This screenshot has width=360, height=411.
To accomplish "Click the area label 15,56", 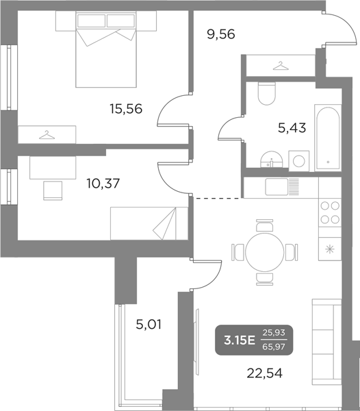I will (x=126, y=108).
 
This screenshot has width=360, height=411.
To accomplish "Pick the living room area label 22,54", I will (x=263, y=373).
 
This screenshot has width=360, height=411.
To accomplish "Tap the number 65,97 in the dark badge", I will (x=277, y=347).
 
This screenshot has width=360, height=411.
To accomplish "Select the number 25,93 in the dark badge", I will (x=277, y=334).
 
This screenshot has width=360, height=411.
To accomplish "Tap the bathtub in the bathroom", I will (x=328, y=139).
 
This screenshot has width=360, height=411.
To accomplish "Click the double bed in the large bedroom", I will (x=105, y=51).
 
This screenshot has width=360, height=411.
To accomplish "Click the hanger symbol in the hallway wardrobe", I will (x=279, y=66).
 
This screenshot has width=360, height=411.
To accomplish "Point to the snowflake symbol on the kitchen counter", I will (x=330, y=249).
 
